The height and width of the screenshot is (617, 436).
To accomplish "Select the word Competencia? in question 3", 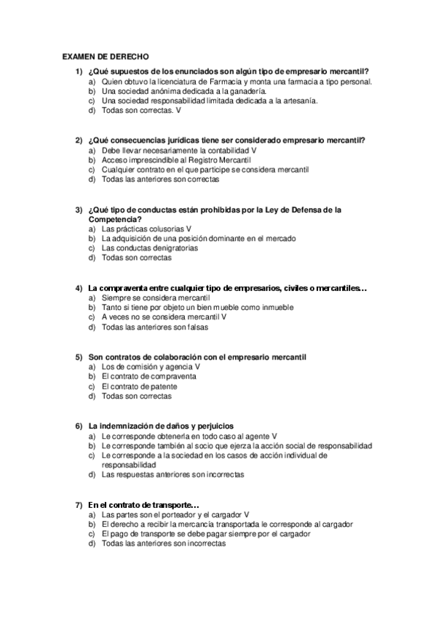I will click(114, 219).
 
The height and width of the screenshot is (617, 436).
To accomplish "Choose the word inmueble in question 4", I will click(277, 308).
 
